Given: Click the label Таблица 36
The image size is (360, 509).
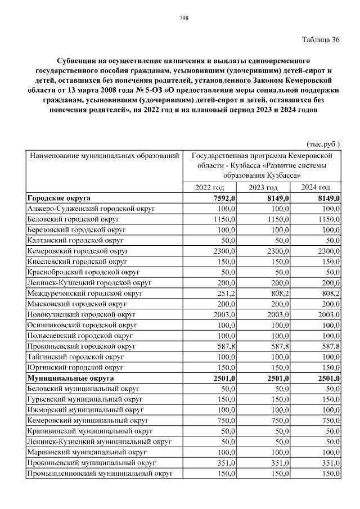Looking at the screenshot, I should (321, 40).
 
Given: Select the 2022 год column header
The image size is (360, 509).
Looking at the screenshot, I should (210, 187).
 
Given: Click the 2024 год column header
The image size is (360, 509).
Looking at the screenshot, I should (315, 187).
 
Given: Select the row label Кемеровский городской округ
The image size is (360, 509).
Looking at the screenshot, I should (78, 251).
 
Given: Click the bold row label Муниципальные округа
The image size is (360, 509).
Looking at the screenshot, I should (71, 379).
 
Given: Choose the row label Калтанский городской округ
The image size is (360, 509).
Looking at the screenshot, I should (75, 240).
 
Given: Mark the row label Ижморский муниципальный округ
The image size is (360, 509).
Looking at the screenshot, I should (85, 410).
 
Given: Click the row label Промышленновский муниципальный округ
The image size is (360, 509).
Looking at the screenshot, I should (99, 474).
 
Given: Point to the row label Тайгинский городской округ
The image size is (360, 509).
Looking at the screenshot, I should (75, 357).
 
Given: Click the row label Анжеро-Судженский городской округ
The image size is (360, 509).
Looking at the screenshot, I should (91, 209).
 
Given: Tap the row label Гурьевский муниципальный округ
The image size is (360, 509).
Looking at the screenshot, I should (84, 399).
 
